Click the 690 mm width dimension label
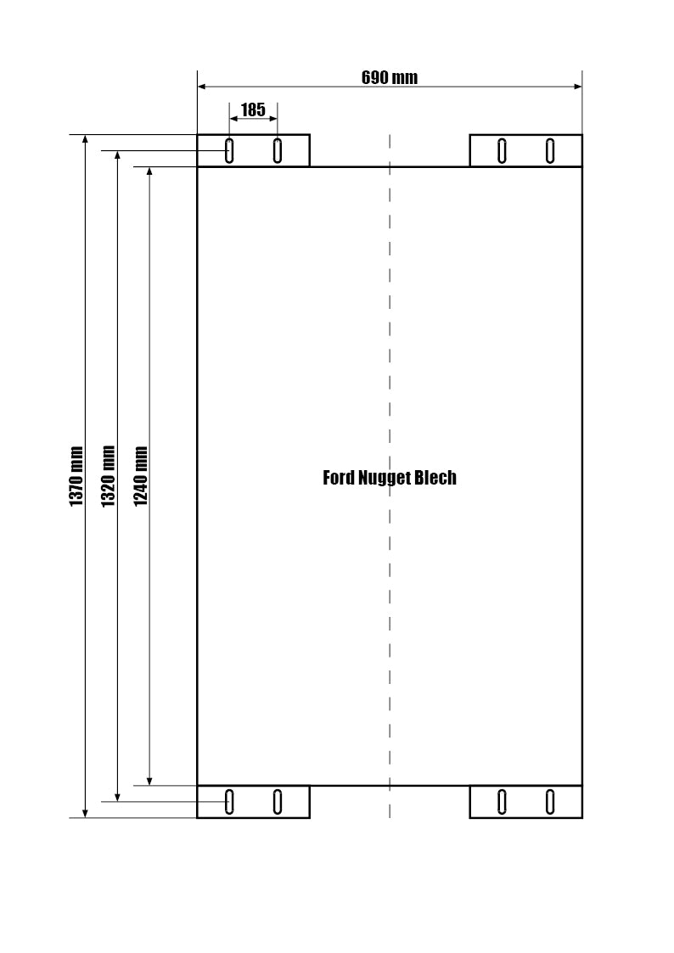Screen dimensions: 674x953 [x=390, y=78]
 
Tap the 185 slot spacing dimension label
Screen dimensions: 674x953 [x=254, y=110]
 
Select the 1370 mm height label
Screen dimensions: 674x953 [x=76, y=477]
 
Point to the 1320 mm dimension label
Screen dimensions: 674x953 [x=108, y=477]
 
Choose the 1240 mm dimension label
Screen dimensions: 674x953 [x=140, y=477]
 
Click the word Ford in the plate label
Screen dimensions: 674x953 [x=339, y=478]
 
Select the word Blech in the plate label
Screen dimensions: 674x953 [x=435, y=478]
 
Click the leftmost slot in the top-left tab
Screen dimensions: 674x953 [x=229, y=151]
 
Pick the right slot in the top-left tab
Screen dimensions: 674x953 [x=277, y=151]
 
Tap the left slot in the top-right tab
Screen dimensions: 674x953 [x=502, y=151]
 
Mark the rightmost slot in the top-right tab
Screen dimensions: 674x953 [x=550, y=151]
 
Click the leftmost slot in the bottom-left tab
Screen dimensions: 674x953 [x=229, y=802]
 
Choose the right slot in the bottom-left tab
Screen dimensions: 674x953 [x=277, y=802]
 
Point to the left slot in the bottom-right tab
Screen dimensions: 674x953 [x=502, y=802]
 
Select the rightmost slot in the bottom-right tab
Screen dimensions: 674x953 [x=550, y=802]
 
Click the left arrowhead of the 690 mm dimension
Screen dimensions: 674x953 [x=202, y=87]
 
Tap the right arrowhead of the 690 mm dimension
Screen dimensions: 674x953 [x=577, y=87]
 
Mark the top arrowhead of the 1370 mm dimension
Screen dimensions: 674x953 [x=85, y=139]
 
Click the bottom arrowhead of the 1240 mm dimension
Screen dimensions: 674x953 [x=149, y=781]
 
